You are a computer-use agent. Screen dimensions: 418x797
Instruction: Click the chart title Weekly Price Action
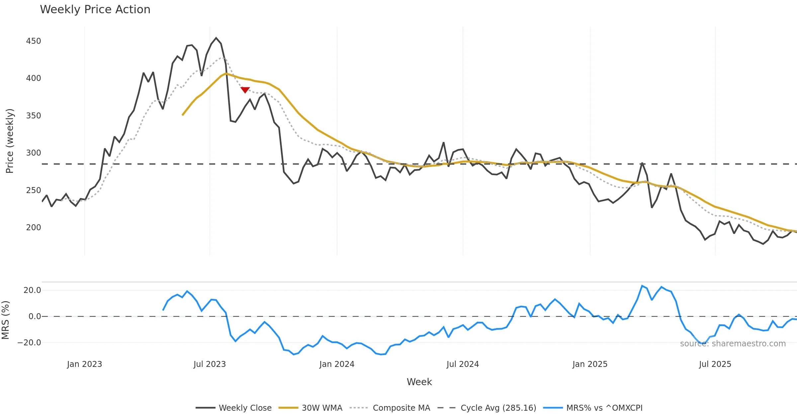95,10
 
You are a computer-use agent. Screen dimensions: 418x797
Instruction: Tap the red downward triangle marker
245,90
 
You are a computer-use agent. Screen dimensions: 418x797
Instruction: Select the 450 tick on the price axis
34,41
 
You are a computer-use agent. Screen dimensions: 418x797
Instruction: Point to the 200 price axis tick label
34,228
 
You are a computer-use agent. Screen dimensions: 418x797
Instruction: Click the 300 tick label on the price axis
34,153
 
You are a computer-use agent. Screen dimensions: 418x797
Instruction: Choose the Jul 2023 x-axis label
210,364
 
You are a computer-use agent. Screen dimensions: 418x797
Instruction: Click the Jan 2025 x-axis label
590,364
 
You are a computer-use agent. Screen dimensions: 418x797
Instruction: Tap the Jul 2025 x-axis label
715,364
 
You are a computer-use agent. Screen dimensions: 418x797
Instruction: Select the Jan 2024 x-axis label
337,364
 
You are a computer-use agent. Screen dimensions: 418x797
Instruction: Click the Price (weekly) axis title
10,141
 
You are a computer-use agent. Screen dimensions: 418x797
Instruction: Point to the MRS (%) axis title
5,320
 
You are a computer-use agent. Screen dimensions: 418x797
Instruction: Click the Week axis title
419,382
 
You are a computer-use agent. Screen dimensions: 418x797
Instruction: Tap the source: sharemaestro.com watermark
733,344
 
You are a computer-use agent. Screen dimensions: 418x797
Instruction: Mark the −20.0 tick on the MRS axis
29,343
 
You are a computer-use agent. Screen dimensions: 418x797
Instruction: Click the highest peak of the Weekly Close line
216,38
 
